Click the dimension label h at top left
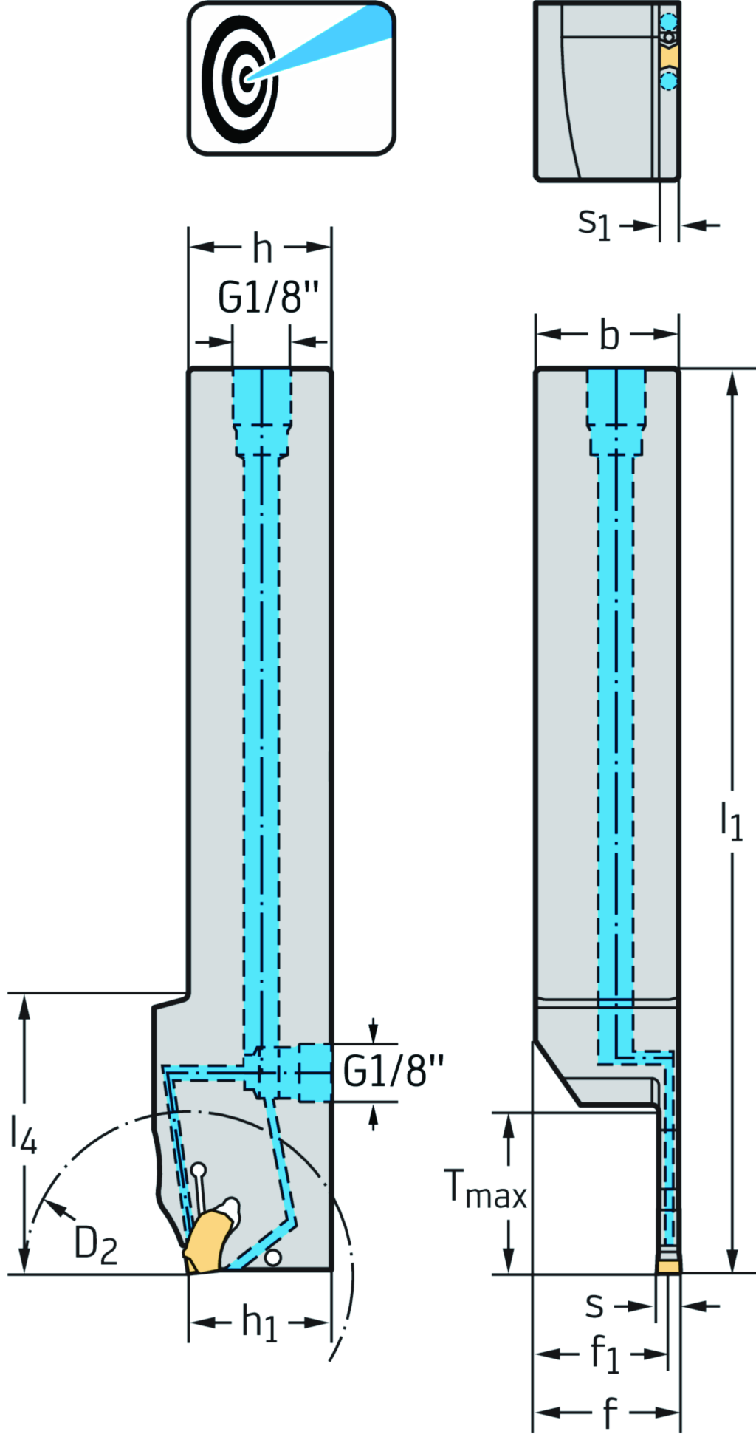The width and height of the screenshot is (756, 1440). (262, 249)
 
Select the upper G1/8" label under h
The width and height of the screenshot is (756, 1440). (268, 298)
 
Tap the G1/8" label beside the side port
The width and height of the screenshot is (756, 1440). (394, 1071)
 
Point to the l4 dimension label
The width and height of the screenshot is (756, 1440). (23, 1133)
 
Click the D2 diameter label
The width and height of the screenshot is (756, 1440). (95, 1244)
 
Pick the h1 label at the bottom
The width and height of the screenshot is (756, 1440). (260, 1322)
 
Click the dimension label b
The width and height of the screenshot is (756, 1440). (608, 335)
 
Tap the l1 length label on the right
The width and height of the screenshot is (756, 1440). (731, 822)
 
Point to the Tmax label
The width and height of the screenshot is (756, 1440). (485, 1190)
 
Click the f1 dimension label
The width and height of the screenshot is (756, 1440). (605, 1354)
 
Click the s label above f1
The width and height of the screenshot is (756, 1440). (594, 1306)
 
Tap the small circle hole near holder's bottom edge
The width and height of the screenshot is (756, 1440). (273, 1257)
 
